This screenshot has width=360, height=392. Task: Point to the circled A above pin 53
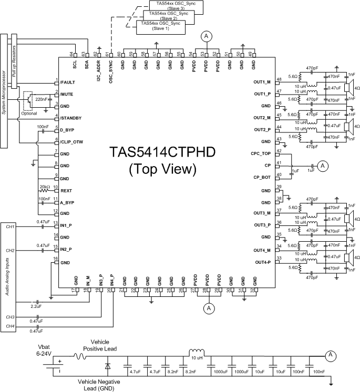207,36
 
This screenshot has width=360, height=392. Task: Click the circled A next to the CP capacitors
324,166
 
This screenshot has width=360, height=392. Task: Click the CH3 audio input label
9,317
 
